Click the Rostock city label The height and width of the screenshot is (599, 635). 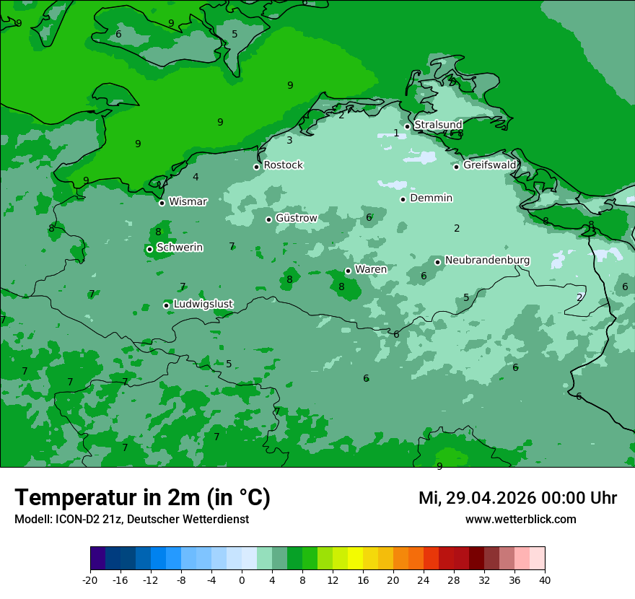point(283,165)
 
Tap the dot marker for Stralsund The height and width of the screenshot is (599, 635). point(407,126)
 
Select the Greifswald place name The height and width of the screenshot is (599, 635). point(490,165)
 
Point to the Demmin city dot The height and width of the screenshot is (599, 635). point(403,199)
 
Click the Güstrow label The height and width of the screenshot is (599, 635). point(296,218)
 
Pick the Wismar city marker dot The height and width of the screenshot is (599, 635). point(162,203)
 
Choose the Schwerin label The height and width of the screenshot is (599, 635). point(180,248)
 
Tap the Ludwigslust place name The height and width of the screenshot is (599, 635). point(203,305)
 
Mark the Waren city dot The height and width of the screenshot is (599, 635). point(348,271)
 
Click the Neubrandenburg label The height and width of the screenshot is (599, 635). point(487,261)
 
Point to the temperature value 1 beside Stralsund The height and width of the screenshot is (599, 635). point(395,134)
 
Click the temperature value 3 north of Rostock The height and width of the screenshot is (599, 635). point(289,141)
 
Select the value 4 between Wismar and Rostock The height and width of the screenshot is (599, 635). point(196,178)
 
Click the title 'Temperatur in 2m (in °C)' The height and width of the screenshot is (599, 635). point(142,497)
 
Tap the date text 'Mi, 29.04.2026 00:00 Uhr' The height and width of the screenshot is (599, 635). point(517,498)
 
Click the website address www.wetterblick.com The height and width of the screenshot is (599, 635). point(520,520)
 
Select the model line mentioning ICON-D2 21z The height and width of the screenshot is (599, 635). point(131,520)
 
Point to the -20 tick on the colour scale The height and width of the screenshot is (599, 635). point(90,580)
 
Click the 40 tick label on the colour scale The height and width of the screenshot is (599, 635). point(545,580)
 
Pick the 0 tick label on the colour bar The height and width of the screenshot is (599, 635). point(242,580)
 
